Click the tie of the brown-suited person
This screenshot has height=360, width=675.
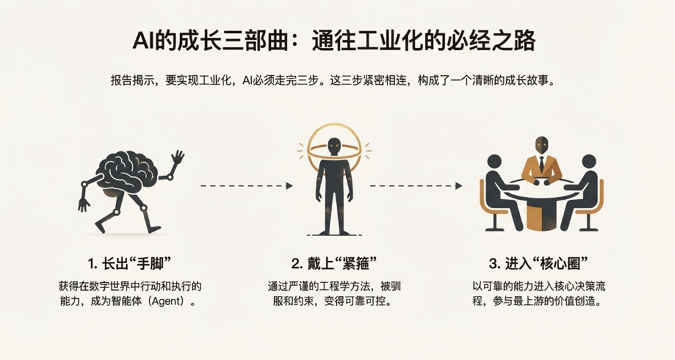coord(541,164)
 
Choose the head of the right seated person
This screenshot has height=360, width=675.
coord(588,162)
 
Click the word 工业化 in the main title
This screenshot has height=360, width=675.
coord(401,42)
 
